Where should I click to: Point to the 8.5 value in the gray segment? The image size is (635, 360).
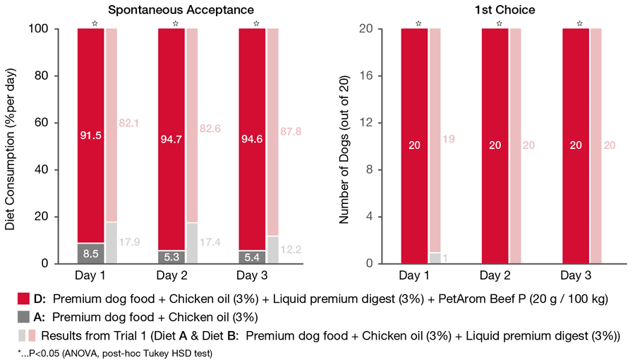[91, 253]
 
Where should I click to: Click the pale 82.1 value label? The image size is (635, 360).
[133, 124]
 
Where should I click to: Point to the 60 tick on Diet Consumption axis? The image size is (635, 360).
[59, 123]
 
